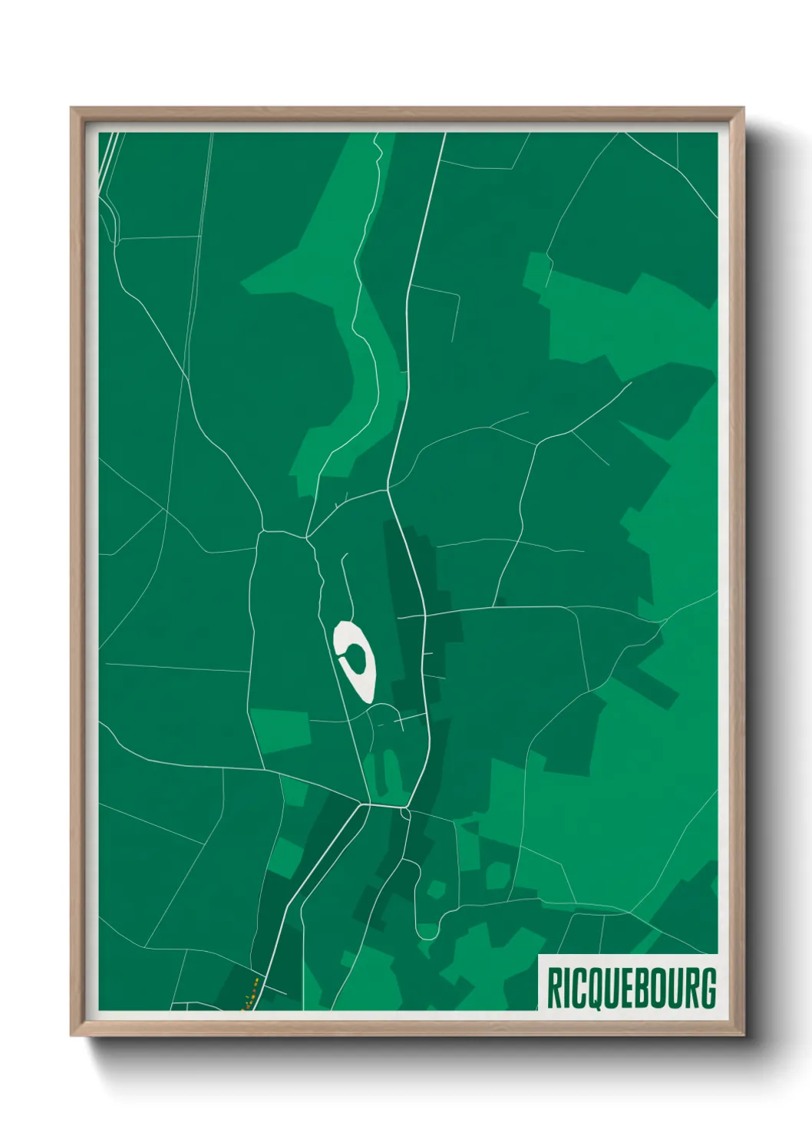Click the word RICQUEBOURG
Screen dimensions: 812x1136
(631, 988)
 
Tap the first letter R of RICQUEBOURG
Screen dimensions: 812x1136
(553, 988)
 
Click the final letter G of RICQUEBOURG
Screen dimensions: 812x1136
(708, 988)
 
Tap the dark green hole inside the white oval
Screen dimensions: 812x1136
(356, 656)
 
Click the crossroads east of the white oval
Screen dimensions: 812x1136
(424, 615)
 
